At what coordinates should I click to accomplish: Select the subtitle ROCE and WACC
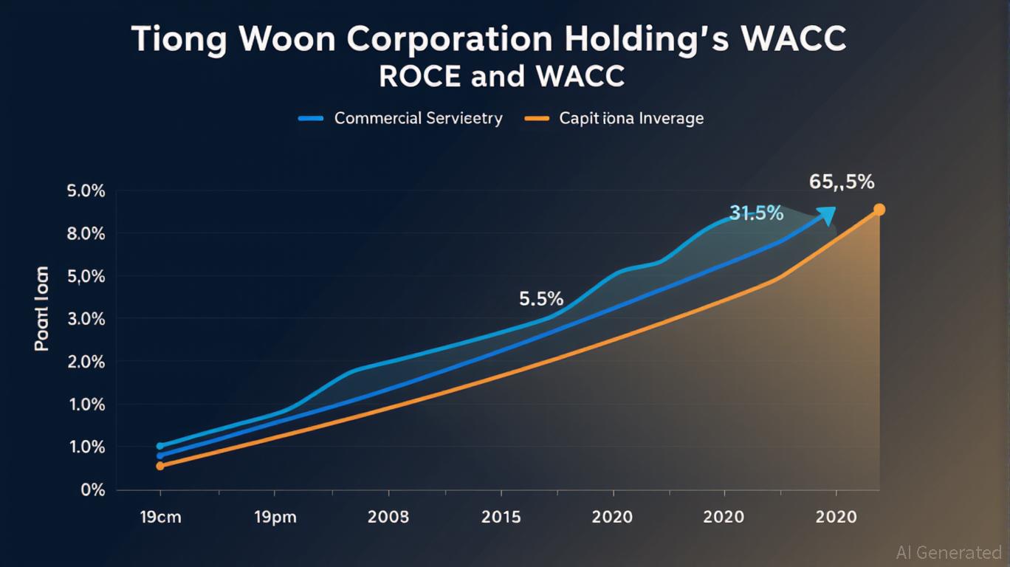(501, 77)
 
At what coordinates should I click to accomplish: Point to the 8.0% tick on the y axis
(86, 234)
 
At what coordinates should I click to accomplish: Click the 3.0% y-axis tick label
(86, 320)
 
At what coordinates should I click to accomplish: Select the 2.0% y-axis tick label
(86, 362)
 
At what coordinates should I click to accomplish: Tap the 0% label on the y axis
(93, 489)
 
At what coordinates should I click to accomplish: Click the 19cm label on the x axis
(160, 517)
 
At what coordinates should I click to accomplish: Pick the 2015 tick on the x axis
(501, 517)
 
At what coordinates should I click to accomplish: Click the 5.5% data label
(541, 299)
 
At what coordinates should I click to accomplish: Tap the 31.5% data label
(756, 213)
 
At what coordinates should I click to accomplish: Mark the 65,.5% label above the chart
(842, 181)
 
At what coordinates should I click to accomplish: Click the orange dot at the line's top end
(879, 210)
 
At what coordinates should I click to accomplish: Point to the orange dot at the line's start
(160, 466)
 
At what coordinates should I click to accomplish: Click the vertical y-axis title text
(42, 308)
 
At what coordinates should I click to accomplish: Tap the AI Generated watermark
(948, 552)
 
